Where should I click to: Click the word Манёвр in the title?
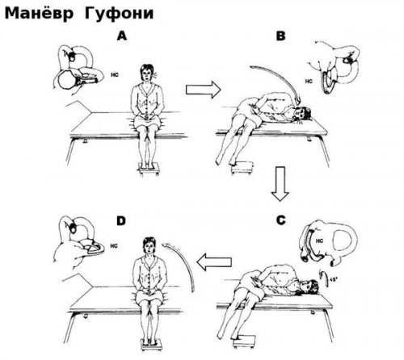(x=39, y=13)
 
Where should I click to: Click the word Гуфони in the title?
(x=119, y=14)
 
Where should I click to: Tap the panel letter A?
(x=122, y=36)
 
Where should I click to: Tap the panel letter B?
(x=280, y=36)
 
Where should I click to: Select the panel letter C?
(x=281, y=220)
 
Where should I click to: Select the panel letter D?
(x=121, y=221)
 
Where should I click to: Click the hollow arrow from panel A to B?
(x=204, y=90)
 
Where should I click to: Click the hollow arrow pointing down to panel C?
(x=280, y=184)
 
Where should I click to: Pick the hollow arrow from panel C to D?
(x=214, y=262)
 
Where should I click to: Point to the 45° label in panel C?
(x=334, y=279)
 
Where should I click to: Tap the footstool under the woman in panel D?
(x=151, y=345)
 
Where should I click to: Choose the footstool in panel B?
(x=243, y=167)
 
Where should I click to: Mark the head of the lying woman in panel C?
(x=309, y=288)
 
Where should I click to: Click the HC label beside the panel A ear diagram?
(x=115, y=75)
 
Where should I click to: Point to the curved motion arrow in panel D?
(x=180, y=265)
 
